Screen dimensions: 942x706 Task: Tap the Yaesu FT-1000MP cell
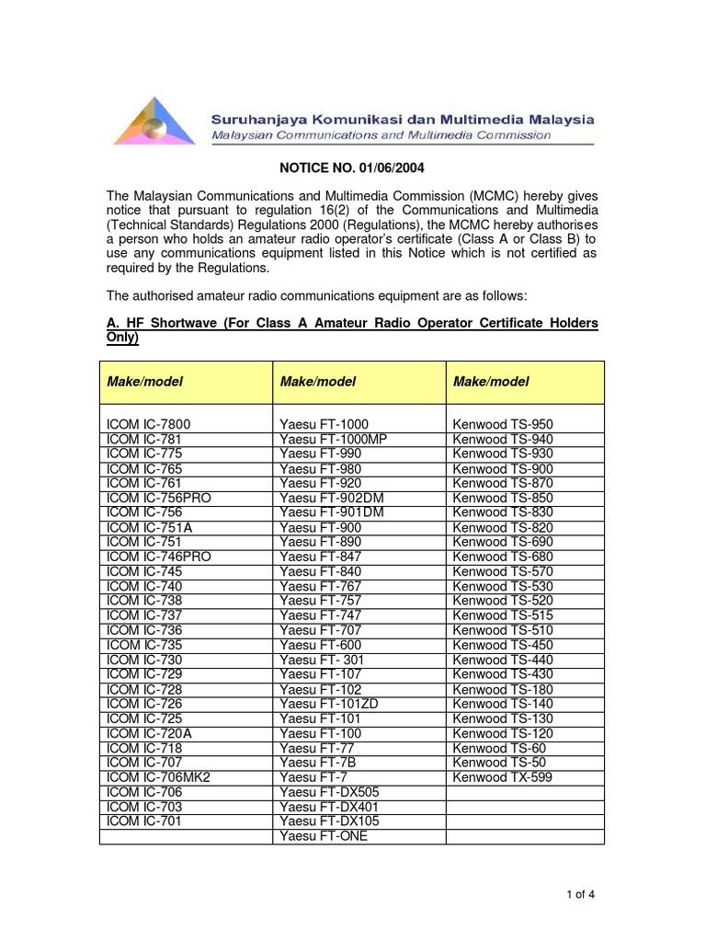point(334,439)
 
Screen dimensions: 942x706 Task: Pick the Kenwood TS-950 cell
point(503,424)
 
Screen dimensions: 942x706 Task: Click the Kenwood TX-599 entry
point(503,777)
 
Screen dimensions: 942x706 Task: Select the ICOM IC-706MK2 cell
point(159,777)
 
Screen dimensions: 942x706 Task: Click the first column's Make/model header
point(145,382)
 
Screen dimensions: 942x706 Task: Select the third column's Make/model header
point(491,382)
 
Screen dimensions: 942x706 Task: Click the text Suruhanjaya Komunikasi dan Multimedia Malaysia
point(403,119)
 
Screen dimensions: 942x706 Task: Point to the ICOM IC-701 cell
point(144,821)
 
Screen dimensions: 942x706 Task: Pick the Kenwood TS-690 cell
point(503,542)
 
